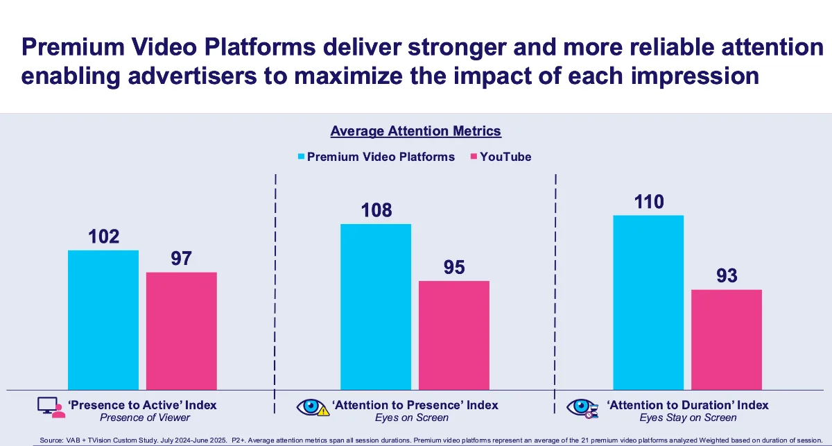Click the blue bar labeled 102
pyautogui.click(x=103, y=319)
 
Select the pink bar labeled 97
pyautogui.click(x=181, y=330)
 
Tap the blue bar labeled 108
pyautogui.click(x=376, y=306)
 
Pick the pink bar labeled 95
pyautogui.click(x=454, y=334)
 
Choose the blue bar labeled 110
pyautogui.click(x=648, y=302)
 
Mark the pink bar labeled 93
pyautogui.click(x=727, y=339)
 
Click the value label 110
pyautogui.click(x=648, y=203)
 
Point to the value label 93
pyautogui.click(x=727, y=276)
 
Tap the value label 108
pyautogui.click(x=376, y=211)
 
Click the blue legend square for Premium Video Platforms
pyautogui.click(x=301, y=157)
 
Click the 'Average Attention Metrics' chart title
pyautogui.click(x=415, y=131)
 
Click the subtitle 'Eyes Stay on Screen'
pyautogui.click(x=688, y=418)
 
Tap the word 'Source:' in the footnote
pyautogui.click(x=51, y=440)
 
